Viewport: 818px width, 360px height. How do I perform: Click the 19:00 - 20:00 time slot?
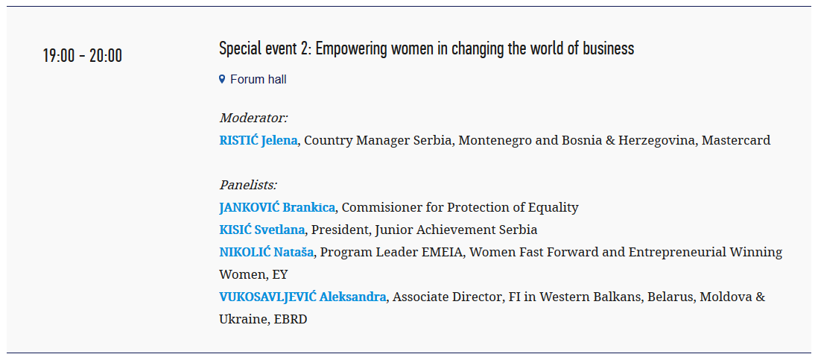(x=83, y=55)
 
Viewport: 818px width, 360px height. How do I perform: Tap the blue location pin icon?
(x=222, y=79)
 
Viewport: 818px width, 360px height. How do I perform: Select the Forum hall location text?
(x=259, y=79)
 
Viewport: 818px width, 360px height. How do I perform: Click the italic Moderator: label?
(x=253, y=118)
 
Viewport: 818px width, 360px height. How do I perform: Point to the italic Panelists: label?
(x=248, y=185)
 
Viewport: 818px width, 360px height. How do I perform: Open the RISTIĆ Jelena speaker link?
(x=259, y=140)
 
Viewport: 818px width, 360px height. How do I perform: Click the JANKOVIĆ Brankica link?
(x=277, y=208)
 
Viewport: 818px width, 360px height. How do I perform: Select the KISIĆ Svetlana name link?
(x=262, y=230)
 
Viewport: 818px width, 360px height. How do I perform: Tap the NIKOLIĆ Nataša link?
(x=267, y=252)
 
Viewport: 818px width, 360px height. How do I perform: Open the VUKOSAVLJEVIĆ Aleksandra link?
(x=302, y=297)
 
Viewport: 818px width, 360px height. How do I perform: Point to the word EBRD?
(x=291, y=319)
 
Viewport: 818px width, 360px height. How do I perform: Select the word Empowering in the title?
(x=352, y=48)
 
